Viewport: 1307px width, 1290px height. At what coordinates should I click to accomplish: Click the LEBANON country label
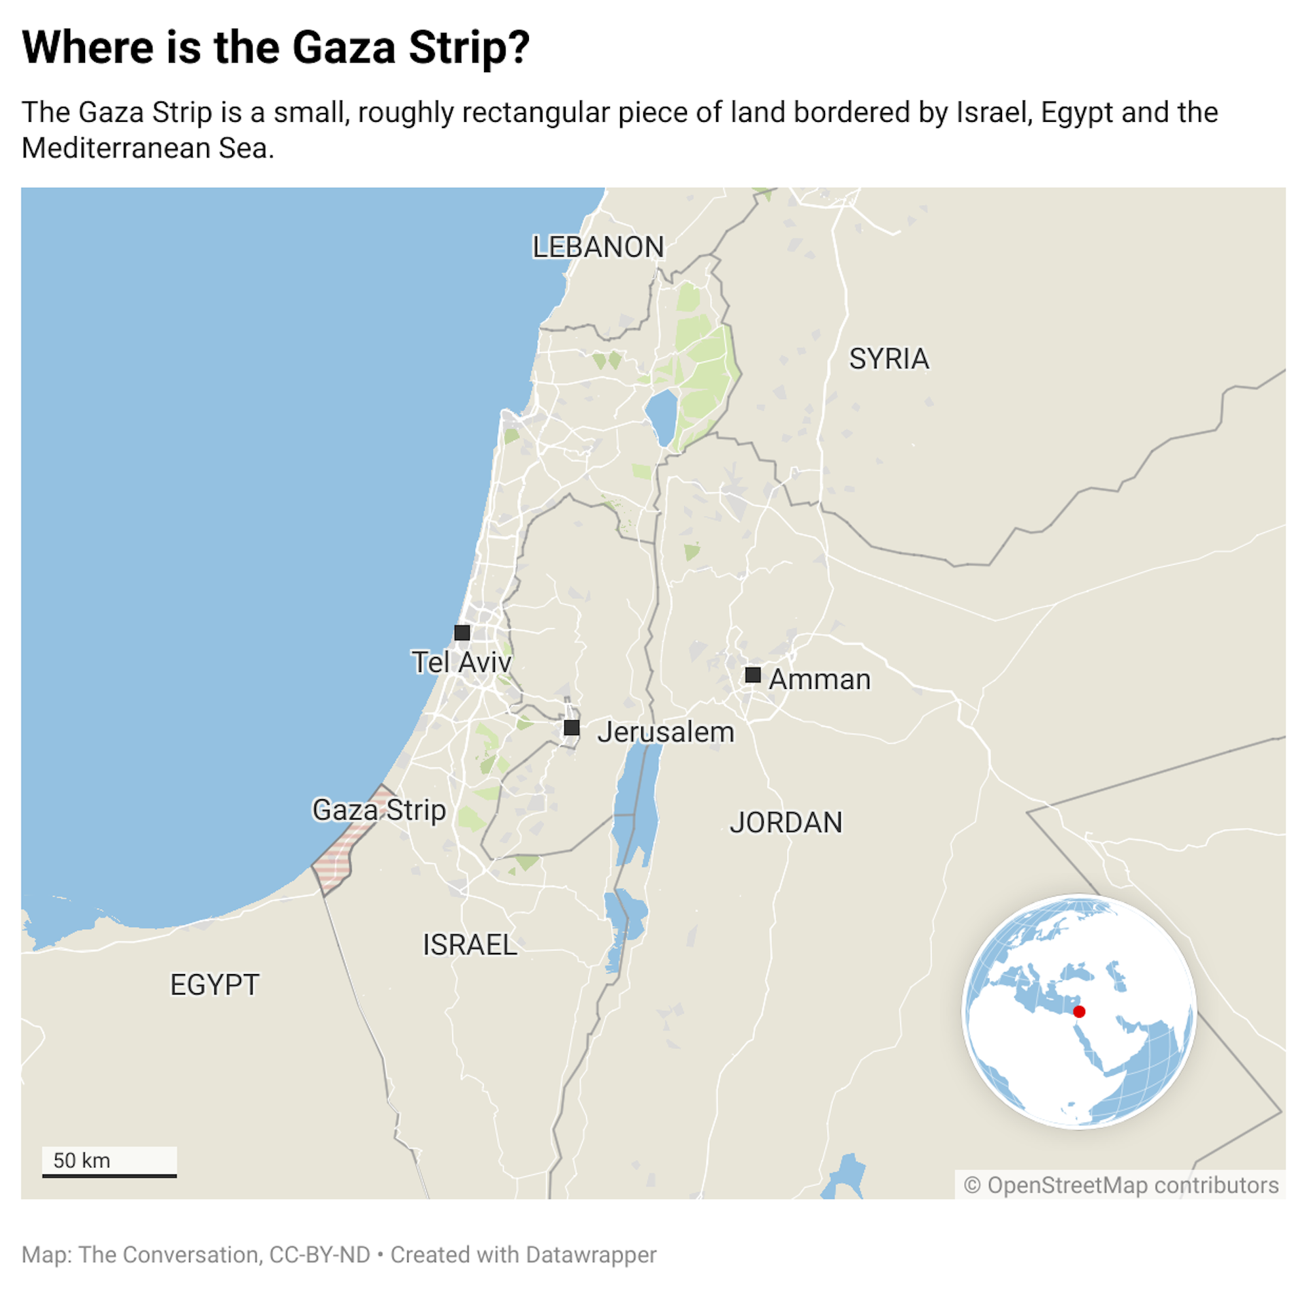click(598, 247)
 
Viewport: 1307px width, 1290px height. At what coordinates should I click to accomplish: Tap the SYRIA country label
click(888, 359)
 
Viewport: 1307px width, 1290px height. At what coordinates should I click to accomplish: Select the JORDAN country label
click(786, 822)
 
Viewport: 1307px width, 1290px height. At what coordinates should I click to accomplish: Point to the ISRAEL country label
click(470, 945)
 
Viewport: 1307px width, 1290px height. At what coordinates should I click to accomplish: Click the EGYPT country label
click(214, 985)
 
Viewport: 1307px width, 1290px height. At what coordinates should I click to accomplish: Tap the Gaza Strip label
click(378, 810)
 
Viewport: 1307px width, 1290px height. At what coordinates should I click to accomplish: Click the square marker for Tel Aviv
click(462, 632)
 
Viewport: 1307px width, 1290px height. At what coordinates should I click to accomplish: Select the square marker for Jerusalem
click(572, 728)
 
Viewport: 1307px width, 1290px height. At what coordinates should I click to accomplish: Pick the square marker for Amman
click(753, 675)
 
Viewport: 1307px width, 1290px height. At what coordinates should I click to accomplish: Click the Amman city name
click(820, 679)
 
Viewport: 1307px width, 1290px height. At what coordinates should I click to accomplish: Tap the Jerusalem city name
click(666, 732)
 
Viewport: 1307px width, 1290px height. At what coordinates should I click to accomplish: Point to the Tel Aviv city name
click(461, 662)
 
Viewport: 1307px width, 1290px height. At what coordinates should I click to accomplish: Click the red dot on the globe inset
click(1079, 1012)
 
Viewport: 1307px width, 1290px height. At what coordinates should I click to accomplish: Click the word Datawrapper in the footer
click(591, 1255)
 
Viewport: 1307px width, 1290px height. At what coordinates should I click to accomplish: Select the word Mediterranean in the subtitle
click(116, 148)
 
